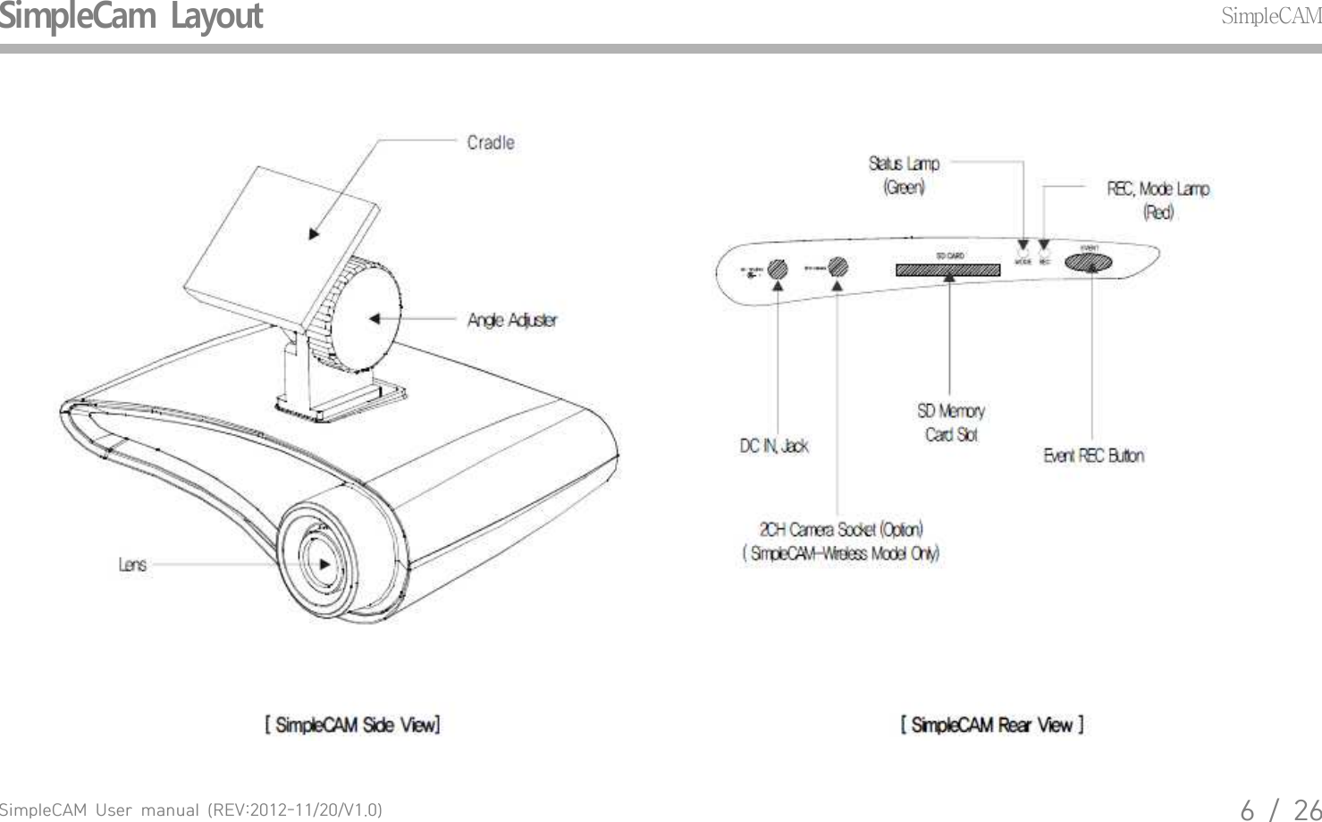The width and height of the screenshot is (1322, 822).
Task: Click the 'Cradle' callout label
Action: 491,143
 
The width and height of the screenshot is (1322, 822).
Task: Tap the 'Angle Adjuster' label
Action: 512,320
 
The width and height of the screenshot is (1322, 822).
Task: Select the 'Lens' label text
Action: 132,565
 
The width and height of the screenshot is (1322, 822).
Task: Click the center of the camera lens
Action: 319,565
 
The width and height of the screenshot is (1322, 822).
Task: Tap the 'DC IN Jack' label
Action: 773,446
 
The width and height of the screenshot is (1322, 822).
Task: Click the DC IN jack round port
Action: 778,267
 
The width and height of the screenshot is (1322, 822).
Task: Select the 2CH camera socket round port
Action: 838,266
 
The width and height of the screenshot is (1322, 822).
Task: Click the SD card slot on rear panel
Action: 947,269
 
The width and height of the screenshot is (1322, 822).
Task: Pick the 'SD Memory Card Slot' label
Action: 950,423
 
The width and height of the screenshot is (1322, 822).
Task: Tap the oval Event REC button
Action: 1088,262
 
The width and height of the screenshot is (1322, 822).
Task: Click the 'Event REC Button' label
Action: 1093,456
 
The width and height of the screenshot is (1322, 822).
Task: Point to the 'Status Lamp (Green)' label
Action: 904,175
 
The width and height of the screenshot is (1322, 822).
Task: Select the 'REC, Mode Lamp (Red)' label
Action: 1158,200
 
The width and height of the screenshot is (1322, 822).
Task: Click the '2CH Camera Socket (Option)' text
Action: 841,530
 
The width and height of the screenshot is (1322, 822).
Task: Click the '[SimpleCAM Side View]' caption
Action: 352,725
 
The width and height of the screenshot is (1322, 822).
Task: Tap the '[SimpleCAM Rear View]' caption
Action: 992,725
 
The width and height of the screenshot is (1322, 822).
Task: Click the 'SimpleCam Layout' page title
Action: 131,16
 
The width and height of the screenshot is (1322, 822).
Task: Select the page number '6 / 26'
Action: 1279,809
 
